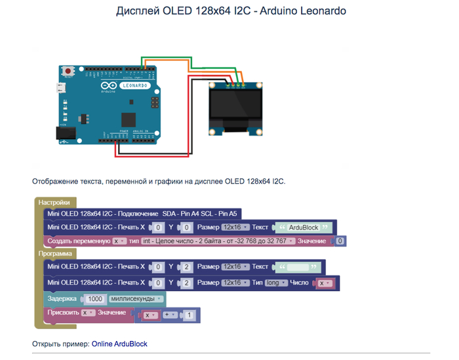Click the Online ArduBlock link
(119, 344)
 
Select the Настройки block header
(54, 202)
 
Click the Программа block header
(57, 253)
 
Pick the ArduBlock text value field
(303, 228)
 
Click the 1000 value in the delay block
(95, 298)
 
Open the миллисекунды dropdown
(136, 298)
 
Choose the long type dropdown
(275, 283)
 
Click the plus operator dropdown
(171, 315)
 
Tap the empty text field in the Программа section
(299, 267)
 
